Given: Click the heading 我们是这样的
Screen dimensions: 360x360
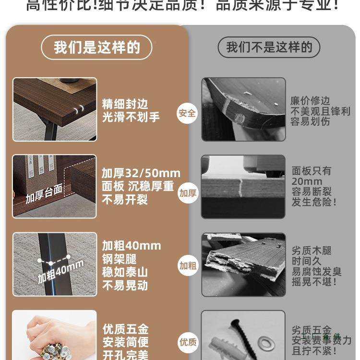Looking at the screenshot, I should pyautogui.click(x=96, y=48).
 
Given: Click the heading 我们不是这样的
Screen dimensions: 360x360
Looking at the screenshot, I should pyautogui.click(x=269, y=48).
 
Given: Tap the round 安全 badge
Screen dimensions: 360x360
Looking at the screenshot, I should pyautogui.click(x=187, y=114).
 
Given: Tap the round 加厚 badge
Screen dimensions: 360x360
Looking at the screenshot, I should pyautogui.click(x=188, y=193).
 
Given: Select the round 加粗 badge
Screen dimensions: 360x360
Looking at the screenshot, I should pyautogui.click(x=187, y=265).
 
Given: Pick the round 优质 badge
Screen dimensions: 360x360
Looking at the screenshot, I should pyautogui.click(x=188, y=342).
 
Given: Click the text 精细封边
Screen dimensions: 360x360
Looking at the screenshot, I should pyautogui.click(x=125, y=104).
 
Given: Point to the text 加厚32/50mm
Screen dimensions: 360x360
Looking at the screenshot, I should pyautogui.click(x=141, y=173).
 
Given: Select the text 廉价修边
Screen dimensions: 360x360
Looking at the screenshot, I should pyautogui.click(x=310, y=101).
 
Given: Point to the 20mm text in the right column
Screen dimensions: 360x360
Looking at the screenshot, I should pyautogui.click(x=307, y=181).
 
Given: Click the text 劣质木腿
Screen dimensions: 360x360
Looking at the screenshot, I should pyautogui.click(x=312, y=251).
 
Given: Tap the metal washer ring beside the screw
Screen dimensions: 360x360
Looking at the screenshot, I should pyautogui.click(x=265, y=343).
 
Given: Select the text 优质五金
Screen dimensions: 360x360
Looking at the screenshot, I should pyautogui.click(x=125, y=329).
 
